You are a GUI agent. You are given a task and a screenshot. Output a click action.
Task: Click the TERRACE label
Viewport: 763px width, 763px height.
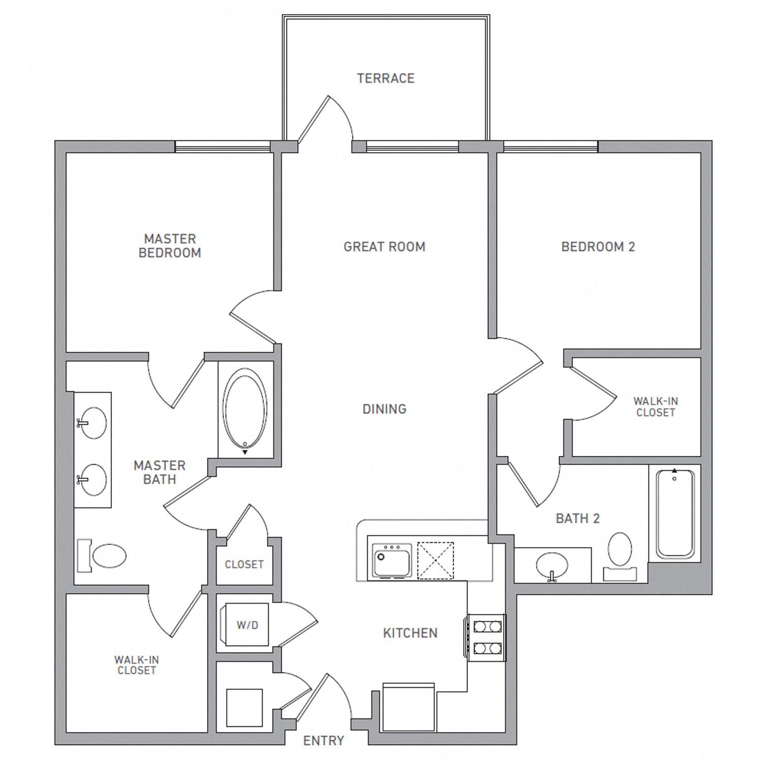pyautogui.click(x=386, y=78)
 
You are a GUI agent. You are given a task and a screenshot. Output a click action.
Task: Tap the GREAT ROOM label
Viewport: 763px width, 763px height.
pyautogui.click(x=385, y=247)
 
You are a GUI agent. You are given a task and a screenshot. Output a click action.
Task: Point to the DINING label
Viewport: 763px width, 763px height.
pyautogui.click(x=385, y=409)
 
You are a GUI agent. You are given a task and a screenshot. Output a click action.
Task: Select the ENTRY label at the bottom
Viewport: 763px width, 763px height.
pyautogui.click(x=324, y=741)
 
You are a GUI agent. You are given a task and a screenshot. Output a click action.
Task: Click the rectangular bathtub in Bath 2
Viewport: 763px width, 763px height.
pyautogui.click(x=675, y=514)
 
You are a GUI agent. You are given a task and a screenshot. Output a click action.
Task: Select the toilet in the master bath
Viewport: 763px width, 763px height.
pyautogui.click(x=102, y=555)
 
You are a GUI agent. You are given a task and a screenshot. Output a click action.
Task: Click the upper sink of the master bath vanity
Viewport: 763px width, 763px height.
pyautogui.click(x=92, y=423)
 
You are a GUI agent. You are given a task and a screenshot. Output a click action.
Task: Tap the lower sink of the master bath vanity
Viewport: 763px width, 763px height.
pyautogui.click(x=92, y=479)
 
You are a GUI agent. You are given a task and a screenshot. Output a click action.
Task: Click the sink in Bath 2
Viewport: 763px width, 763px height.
pyautogui.click(x=552, y=566)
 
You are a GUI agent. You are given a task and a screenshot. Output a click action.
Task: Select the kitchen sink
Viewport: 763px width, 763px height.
pyautogui.click(x=392, y=561)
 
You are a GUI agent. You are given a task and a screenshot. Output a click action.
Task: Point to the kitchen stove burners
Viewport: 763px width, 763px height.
pyautogui.click(x=487, y=638)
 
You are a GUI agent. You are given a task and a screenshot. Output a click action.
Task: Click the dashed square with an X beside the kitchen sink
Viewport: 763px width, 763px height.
pyautogui.click(x=435, y=561)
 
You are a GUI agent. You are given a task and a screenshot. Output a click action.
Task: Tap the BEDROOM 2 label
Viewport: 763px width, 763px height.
pyautogui.click(x=598, y=247)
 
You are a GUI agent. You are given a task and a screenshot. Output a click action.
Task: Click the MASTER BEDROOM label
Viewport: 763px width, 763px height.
pyautogui.click(x=170, y=246)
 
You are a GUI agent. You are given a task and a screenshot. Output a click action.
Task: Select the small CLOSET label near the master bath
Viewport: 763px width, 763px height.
pyautogui.click(x=244, y=565)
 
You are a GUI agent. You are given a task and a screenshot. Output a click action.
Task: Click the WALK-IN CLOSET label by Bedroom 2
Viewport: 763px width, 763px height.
pyautogui.click(x=656, y=407)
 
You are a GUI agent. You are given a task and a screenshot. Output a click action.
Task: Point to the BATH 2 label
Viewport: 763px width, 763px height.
pyautogui.click(x=578, y=518)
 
